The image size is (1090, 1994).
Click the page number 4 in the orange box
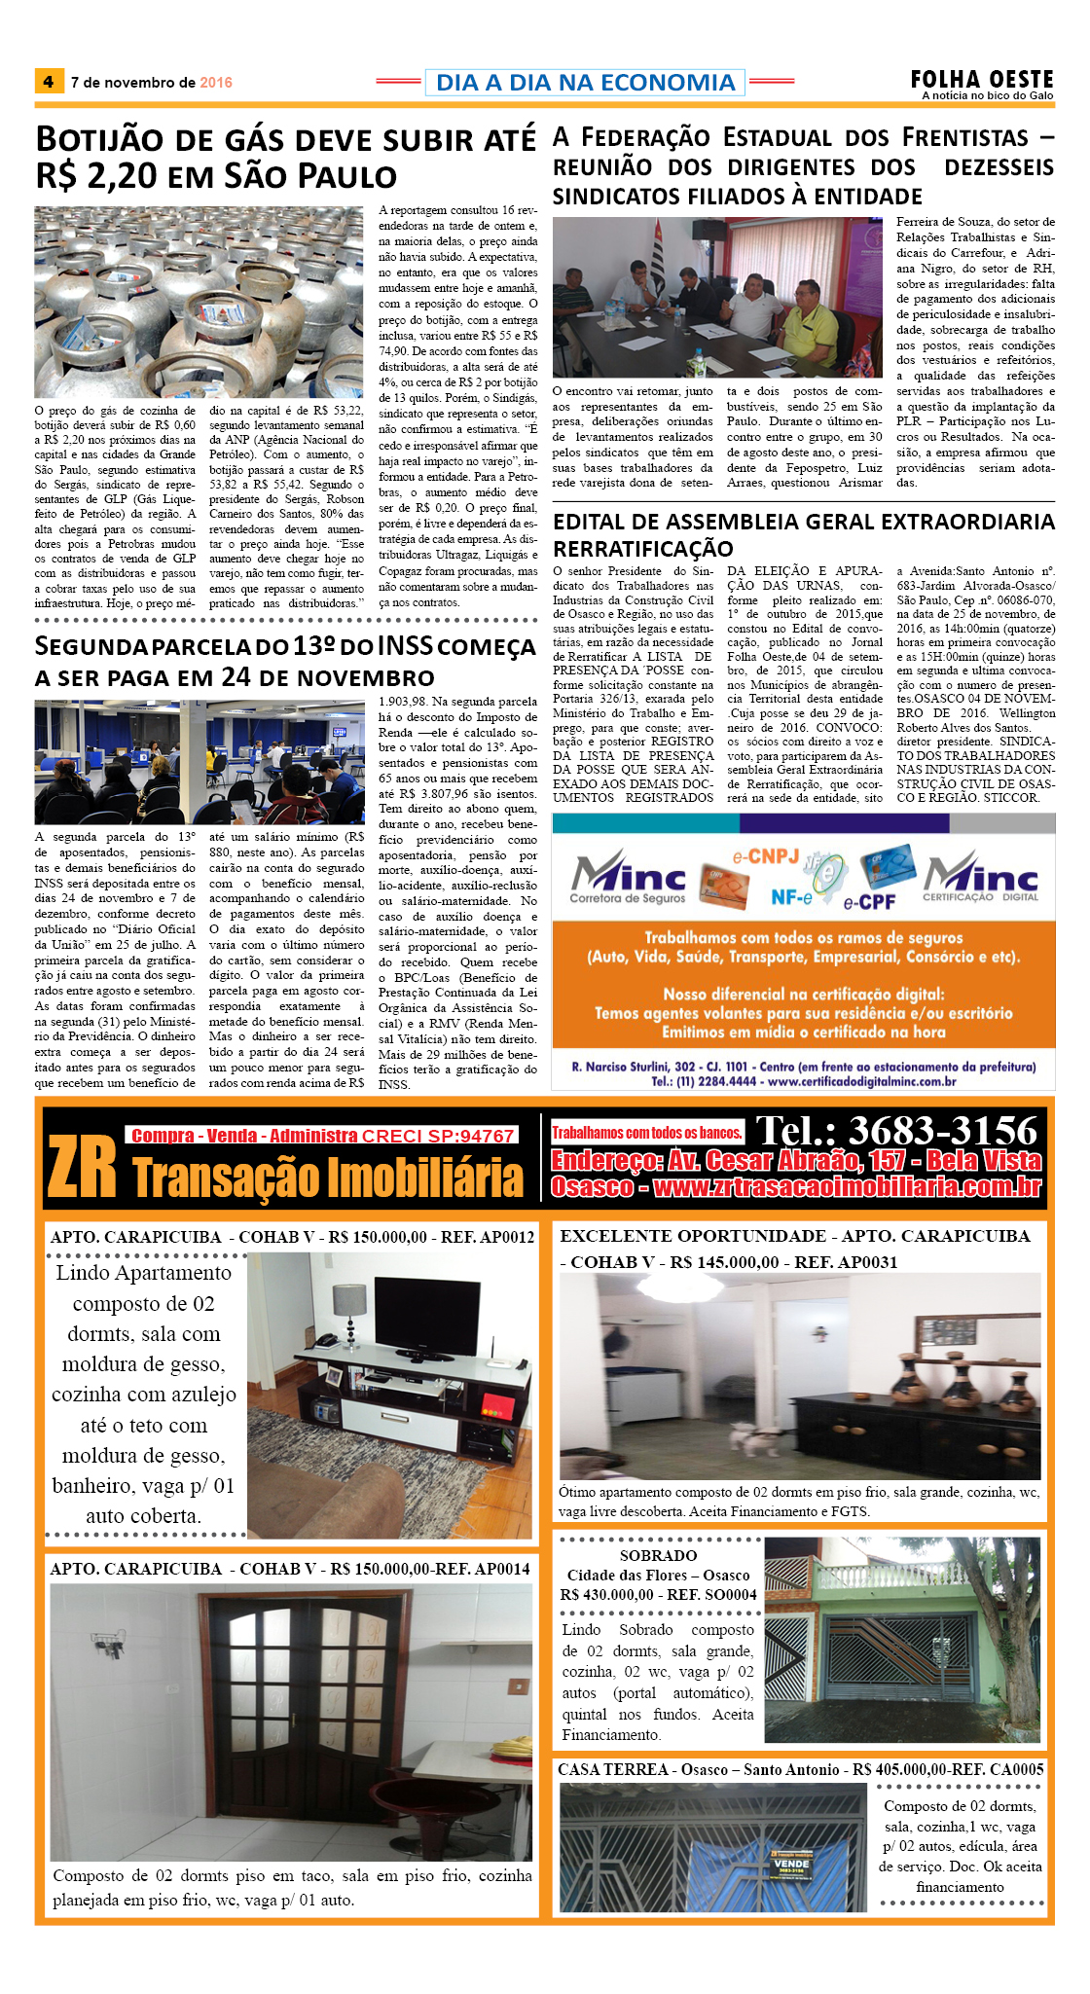48,82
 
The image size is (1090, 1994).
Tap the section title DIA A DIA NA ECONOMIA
585,83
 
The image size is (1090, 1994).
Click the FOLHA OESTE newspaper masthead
981,81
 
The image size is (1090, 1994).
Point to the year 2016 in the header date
216,83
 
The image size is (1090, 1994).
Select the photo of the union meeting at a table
717,297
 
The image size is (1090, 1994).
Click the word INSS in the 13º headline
403,646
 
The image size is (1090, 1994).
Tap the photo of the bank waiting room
200,762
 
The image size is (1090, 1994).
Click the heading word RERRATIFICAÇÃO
642,549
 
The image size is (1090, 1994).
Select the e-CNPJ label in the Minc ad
765,857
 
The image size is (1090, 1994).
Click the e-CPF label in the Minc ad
869,902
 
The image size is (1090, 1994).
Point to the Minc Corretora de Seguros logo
628,878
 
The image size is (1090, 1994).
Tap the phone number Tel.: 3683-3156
896,1131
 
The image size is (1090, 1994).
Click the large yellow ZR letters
82,1169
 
